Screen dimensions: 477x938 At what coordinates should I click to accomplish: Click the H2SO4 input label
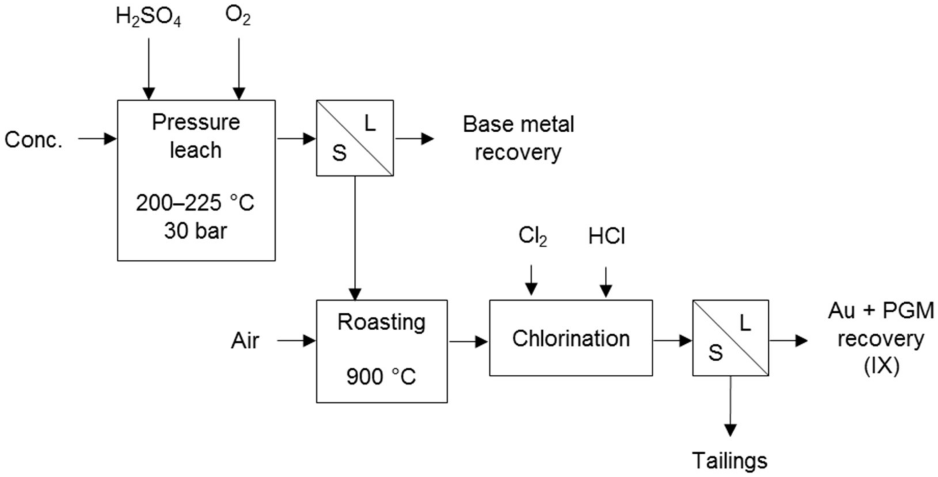pyautogui.click(x=148, y=17)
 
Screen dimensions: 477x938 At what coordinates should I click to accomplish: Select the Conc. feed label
pyautogui.click(x=33, y=140)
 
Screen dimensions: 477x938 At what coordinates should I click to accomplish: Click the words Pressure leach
pyautogui.click(x=196, y=136)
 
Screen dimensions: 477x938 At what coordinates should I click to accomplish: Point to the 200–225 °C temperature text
pyautogui.click(x=195, y=203)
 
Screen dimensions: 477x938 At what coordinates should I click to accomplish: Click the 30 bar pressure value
pyautogui.click(x=195, y=231)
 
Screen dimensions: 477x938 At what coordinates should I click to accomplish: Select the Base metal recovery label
pyautogui.click(x=518, y=138)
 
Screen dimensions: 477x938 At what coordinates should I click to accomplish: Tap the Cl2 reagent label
pyautogui.click(x=532, y=237)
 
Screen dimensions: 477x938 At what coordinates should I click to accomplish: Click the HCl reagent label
pyautogui.click(x=606, y=237)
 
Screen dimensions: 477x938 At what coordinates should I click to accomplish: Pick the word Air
pyautogui.click(x=245, y=341)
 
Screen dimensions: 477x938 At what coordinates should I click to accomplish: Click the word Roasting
pyautogui.click(x=381, y=322)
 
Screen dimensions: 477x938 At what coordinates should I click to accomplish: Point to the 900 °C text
pyautogui.click(x=381, y=376)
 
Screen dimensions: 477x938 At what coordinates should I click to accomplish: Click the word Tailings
pyautogui.click(x=730, y=461)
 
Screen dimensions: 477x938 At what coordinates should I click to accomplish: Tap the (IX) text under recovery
pyautogui.click(x=882, y=366)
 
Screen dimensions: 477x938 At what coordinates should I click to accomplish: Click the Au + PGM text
pyautogui.click(x=881, y=311)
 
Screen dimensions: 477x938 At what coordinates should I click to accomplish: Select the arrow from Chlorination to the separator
pyautogui.click(x=672, y=341)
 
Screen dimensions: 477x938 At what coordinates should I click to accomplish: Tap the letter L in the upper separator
pyautogui.click(x=370, y=123)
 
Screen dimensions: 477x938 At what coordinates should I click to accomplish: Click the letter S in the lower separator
pyautogui.click(x=715, y=353)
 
